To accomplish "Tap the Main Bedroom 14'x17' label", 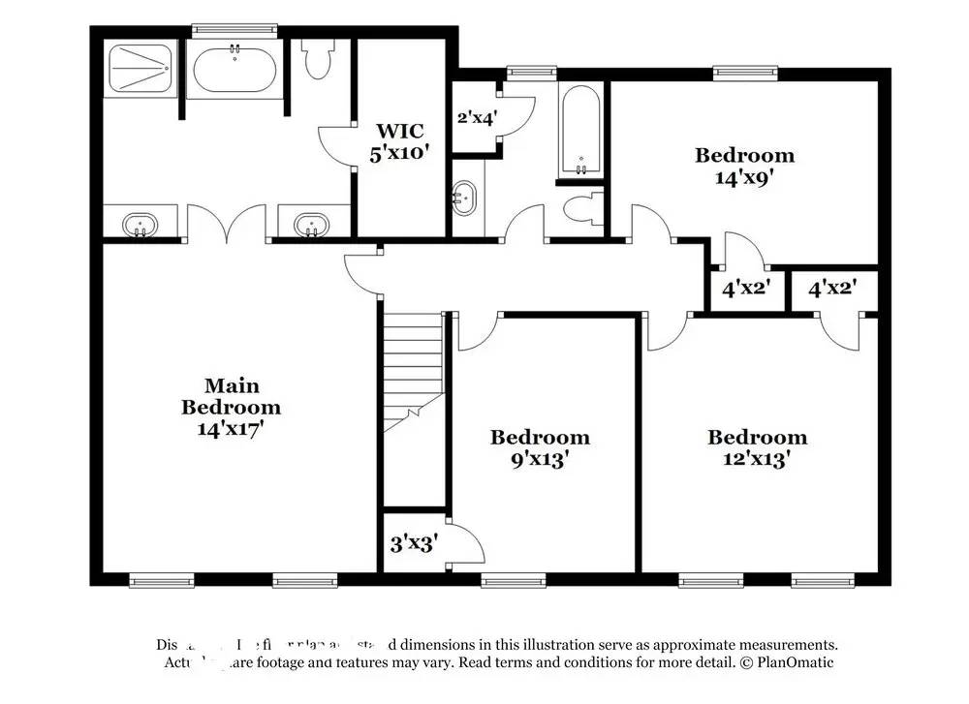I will [231, 407].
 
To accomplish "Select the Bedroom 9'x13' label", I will [540, 448].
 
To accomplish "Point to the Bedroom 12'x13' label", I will [757, 448].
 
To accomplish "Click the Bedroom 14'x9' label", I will [744, 166].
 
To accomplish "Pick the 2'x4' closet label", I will [477, 118].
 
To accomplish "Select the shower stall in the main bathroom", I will [139, 68].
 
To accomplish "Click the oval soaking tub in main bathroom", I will [234, 70].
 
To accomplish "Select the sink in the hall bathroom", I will [464, 200].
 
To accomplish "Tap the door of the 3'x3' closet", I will [467, 540].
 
